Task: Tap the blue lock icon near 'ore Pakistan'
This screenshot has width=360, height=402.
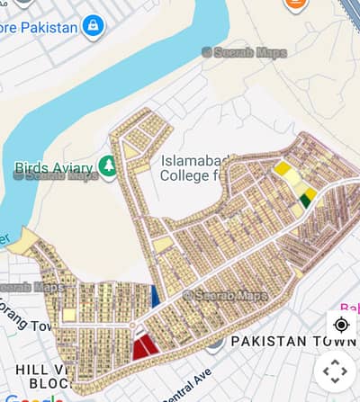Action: [93, 26]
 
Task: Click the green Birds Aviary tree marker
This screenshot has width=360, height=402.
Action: [109, 166]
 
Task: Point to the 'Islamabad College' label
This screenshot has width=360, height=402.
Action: [202, 168]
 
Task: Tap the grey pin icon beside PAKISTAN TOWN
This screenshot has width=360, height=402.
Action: [214, 341]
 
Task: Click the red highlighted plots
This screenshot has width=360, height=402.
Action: [144, 346]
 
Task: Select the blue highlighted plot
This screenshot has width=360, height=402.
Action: [155, 296]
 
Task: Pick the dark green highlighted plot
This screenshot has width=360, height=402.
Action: [305, 201]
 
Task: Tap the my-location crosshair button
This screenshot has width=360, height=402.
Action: [341, 325]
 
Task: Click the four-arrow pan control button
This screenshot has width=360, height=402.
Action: [335, 370]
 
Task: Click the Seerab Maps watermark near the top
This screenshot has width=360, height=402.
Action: [245, 52]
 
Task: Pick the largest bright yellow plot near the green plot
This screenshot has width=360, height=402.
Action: [283, 168]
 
